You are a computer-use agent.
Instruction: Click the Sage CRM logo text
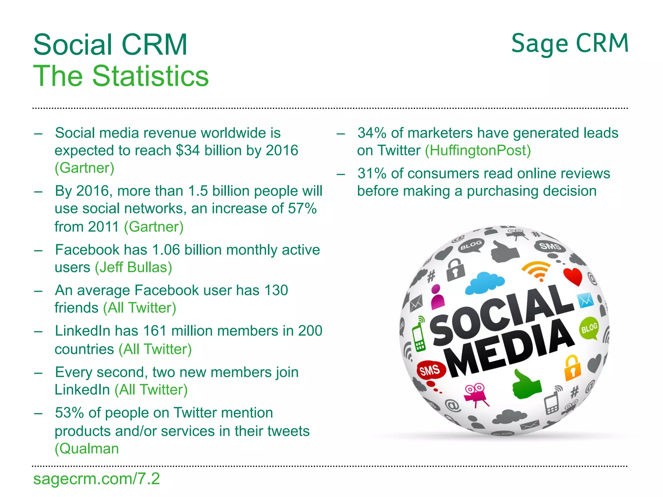(569, 44)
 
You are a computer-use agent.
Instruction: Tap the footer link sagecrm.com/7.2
(96, 479)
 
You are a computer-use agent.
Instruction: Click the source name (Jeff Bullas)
(133, 268)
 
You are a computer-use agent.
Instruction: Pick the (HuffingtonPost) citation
(478, 150)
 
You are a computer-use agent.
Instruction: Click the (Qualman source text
(87, 449)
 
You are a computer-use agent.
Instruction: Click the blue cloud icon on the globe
(484, 282)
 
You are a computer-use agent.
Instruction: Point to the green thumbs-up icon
(526, 385)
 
